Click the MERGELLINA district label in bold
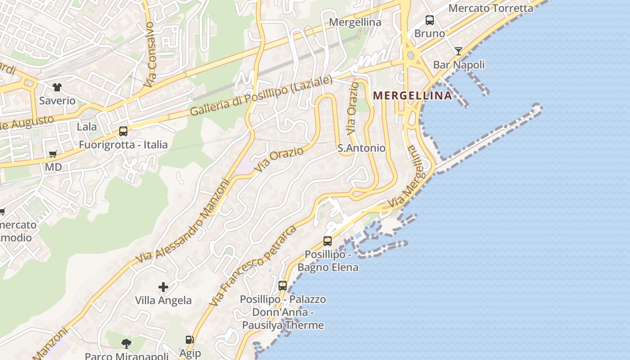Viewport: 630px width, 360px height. point(413,95)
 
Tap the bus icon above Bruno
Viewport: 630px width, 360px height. point(430,20)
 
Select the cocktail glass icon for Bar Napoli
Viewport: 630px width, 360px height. point(458,51)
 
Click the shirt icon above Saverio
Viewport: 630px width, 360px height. point(57,87)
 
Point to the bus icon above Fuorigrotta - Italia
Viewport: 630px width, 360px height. point(123,131)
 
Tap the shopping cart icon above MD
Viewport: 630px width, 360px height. point(53,154)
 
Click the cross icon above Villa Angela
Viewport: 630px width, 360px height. point(163,287)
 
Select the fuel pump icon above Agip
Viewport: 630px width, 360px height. point(190,340)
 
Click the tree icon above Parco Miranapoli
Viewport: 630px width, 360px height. point(126,344)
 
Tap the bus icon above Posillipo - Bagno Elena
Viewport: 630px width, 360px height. point(328,241)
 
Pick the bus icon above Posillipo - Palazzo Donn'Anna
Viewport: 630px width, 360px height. point(283,285)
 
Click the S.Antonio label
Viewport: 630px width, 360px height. point(361,148)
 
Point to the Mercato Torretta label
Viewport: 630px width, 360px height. point(490,8)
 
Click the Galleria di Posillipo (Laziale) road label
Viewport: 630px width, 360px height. point(261,96)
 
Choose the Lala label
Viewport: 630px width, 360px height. point(87,127)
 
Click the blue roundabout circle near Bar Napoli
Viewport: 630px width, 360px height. point(410,55)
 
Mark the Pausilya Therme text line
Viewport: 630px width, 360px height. point(283,325)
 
